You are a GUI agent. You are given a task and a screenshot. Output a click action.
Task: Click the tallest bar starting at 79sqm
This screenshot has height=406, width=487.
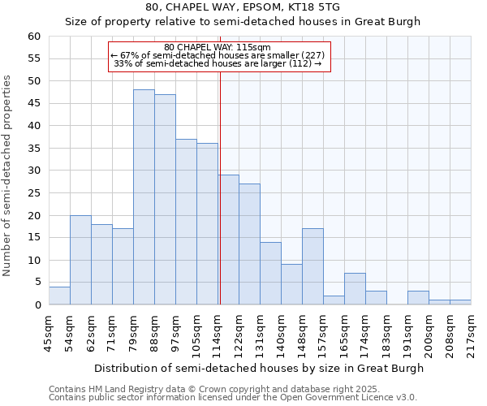pyautogui.click(x=144, y=197)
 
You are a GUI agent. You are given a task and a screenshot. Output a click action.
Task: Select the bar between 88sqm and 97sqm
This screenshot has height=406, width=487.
pyautogui.click(x=165, y=200)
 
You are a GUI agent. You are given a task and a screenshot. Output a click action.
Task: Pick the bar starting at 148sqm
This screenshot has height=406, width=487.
pyautogui.click(x=312, y=266)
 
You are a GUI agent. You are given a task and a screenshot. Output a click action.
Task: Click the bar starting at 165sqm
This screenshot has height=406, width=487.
pyautogui.click(x=355, y=289)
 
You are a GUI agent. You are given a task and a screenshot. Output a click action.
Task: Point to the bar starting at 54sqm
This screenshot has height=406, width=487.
pyautogui.click(x=80, y=260)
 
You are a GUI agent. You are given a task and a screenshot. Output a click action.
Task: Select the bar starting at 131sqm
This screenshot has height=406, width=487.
pyautogui.click(x=270, y=274)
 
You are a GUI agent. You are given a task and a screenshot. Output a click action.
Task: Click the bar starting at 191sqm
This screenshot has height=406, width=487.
pyautogui.click(x=418, y=298)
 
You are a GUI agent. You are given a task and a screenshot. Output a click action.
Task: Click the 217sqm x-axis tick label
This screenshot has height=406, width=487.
pyautogui.click(x=471, y=331)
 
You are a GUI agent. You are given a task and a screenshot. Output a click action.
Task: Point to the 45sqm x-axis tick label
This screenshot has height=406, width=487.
pyautogui.click(x=49, y=330)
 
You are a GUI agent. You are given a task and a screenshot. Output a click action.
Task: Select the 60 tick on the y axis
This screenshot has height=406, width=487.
pyautogui.click(x=33, y=37)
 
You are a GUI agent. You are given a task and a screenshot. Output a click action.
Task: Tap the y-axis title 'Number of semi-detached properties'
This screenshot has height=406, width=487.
pyautogui.click(x=8, y=175)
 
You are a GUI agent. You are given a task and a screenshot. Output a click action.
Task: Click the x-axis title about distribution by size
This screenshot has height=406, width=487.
pyautogui.click(x=259, y=368)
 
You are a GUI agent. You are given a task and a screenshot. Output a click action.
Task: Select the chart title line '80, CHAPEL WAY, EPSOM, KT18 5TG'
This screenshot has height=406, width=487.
pyautogui.click(x=243, y=7)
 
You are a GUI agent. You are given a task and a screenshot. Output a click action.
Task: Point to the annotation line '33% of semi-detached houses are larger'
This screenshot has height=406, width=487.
pyautogui.click(x=217, y=64)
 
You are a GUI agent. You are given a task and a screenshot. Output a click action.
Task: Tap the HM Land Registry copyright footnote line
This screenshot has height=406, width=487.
pyautogui.click(x=214, y=389)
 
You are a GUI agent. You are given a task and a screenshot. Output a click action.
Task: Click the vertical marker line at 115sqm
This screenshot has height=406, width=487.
pyautogui.click(x=220, y=203)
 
